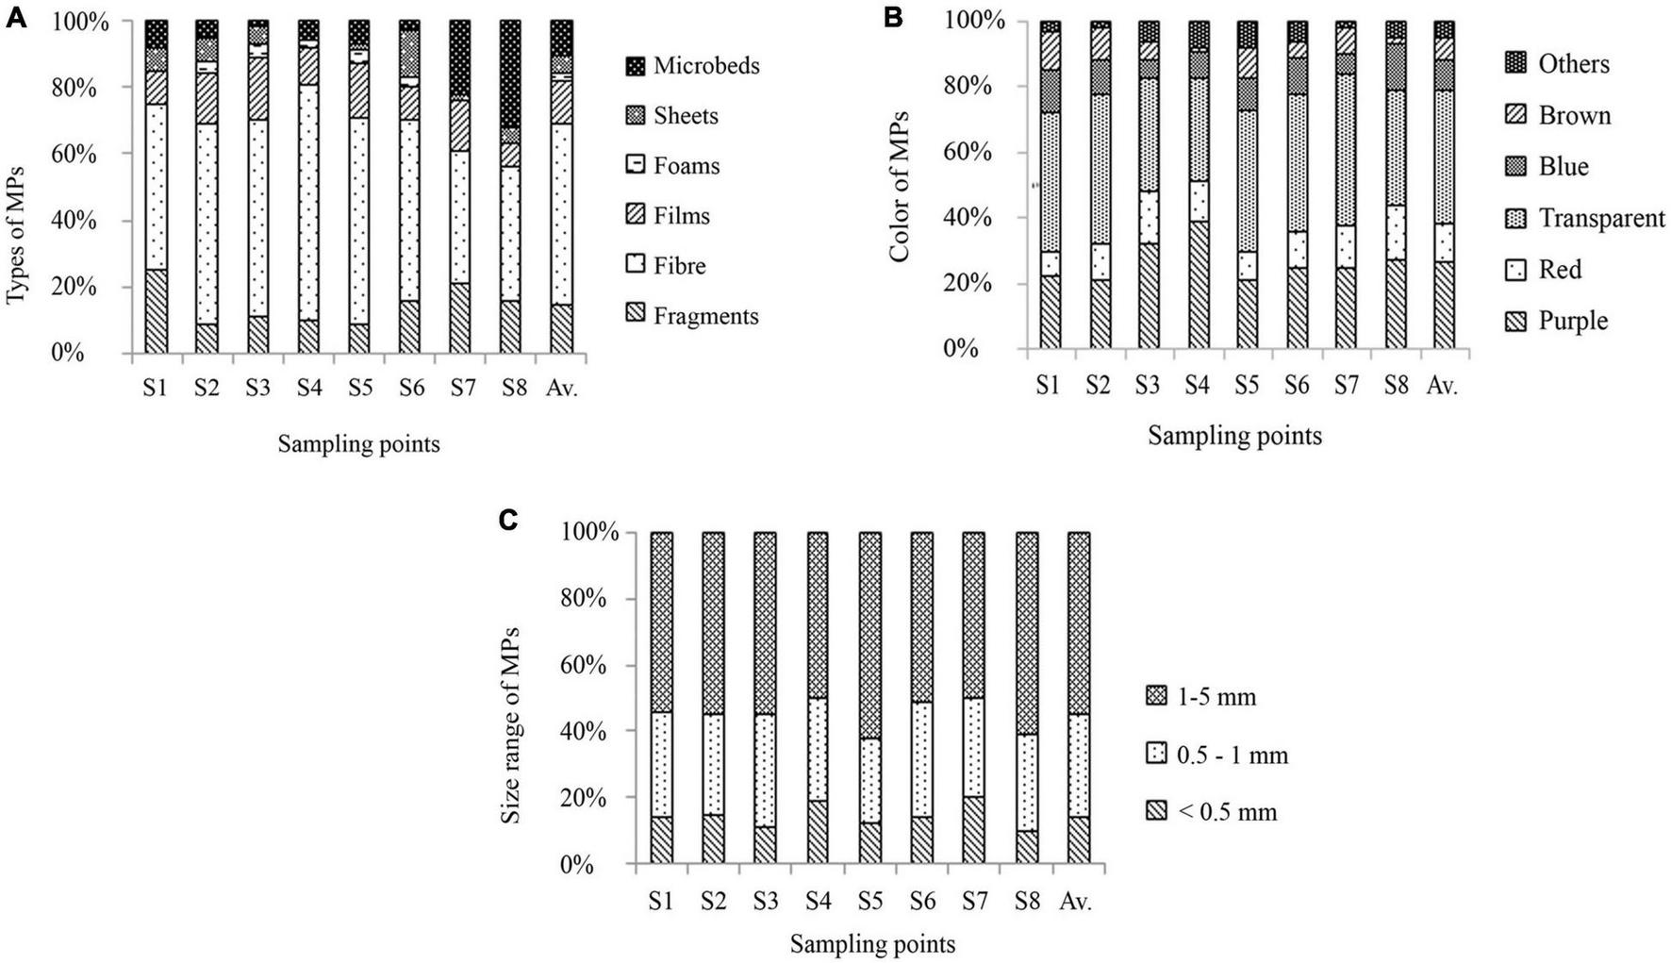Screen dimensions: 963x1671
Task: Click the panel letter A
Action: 17,17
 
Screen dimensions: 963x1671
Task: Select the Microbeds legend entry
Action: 705,66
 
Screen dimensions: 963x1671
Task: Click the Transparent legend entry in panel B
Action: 1600,219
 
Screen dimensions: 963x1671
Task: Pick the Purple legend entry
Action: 1572,322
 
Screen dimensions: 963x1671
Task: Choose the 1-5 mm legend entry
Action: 1210,698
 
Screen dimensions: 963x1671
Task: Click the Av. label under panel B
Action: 1442,386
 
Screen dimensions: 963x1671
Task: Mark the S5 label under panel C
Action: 870,901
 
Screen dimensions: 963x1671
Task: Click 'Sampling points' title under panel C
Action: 872,944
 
